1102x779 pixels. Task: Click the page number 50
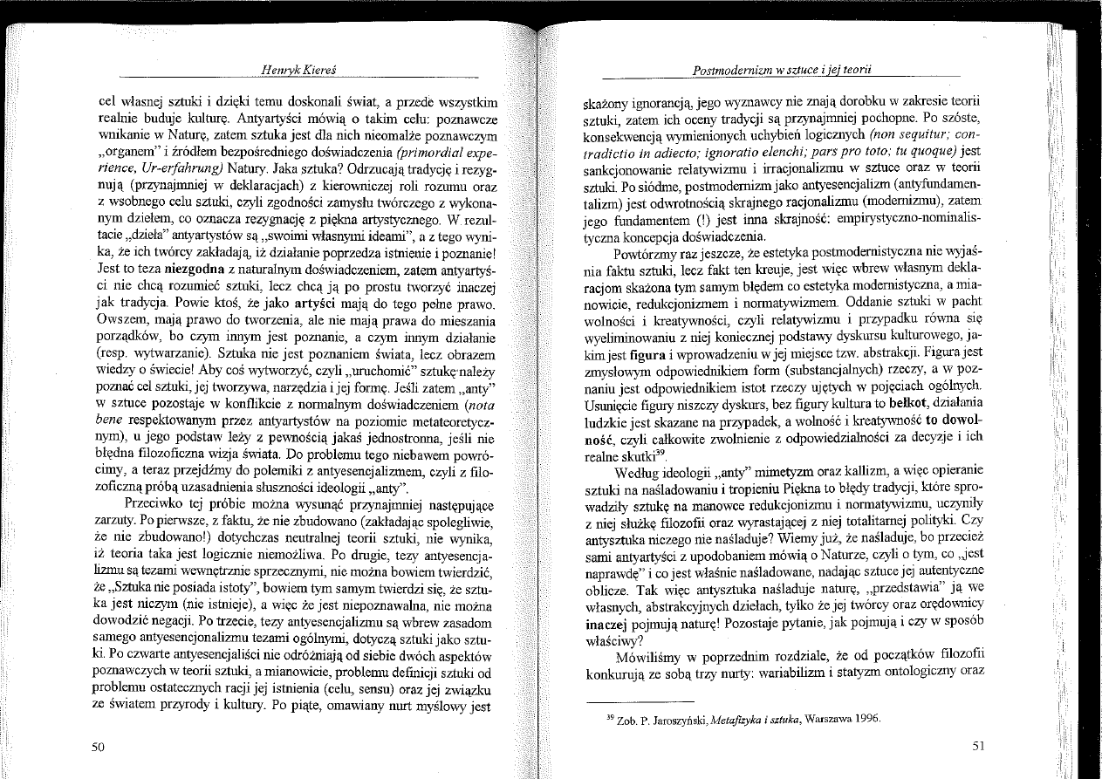pyautogui.click(x=98, y=746)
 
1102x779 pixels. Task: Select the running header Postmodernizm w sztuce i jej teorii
pyautogui.click(x=783, y=69)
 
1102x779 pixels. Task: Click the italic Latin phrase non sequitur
pyautogui.click(x=865, y=133)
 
